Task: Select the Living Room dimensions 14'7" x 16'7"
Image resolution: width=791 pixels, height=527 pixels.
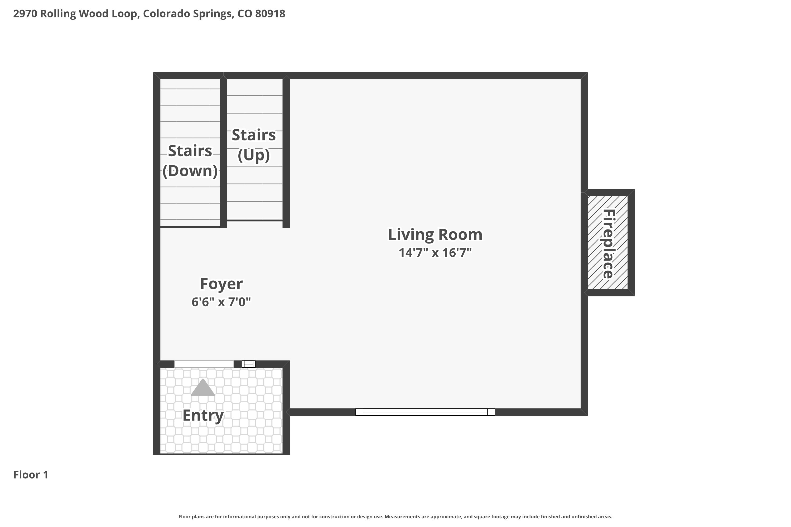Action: (x=435, y=253)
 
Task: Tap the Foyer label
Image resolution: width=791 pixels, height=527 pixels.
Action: (x=221, y=284)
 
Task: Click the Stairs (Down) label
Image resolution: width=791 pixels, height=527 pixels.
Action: (x=190, y=161)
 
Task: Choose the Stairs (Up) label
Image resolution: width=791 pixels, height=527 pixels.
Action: (x=254, y=145)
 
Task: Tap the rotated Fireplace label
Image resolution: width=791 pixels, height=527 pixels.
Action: (x=608, y=244)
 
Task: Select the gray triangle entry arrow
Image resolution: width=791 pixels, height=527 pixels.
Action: (x=203, y=388)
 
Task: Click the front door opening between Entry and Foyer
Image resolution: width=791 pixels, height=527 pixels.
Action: (x=204, y=364)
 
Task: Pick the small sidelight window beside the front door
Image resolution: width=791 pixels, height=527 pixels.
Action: (x=249, y=364)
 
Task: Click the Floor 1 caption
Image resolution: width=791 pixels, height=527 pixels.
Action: (x=31, y=475)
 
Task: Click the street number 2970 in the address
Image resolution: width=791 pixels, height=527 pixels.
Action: (x=25, y=14)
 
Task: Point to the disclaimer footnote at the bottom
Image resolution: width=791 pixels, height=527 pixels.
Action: (x=395, y=516)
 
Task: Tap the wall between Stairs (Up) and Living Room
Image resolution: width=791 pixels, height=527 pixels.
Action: (x=286, y=150)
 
